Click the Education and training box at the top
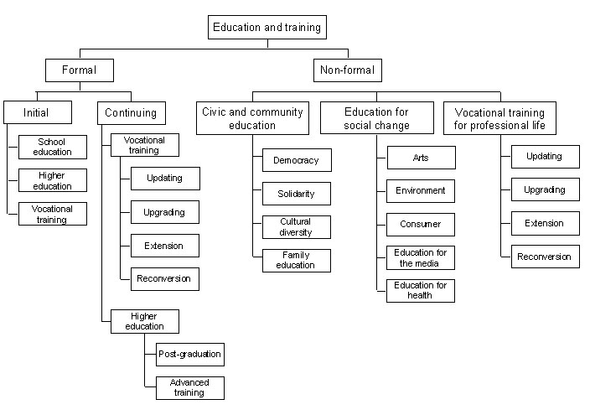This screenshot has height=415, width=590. [267, 28]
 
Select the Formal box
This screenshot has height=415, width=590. [80, 70]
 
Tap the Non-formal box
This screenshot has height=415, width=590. [347, 70]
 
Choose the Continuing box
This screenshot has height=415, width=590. [131, 112]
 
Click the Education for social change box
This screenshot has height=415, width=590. [377, 118]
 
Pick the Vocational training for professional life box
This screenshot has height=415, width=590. [499, 118]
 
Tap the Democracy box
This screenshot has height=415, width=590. [296, 160]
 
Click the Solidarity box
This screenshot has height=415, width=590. [296, 194]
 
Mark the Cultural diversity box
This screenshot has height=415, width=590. [296, 227]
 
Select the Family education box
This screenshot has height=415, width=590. [296, 261]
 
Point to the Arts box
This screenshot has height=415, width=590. [420, 158]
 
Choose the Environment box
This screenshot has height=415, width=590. [420, 191]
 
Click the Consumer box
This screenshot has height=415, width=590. [420, 225]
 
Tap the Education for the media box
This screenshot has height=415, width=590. [420, 258]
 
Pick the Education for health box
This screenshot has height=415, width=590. [420, 291]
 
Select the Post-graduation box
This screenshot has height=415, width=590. [190, 355]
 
